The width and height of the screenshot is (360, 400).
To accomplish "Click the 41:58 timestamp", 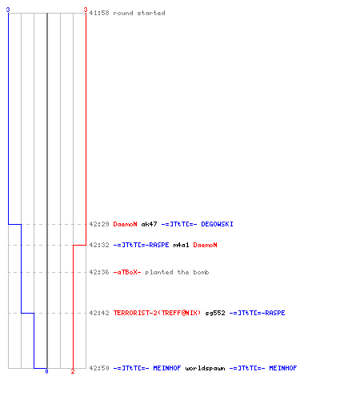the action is click(x=99, y=13).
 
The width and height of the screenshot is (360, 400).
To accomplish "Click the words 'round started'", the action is click(x=139, y=13).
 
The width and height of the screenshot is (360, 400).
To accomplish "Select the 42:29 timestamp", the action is click(x=99, y=224).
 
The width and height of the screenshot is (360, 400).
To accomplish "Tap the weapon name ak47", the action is click(x=149, y=224).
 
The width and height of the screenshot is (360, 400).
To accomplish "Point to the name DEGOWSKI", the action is click(x=217, y=224).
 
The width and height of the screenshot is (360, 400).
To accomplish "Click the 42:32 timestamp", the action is click(x=99, y=245).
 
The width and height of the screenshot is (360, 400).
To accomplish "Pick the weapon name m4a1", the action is click(x=181, y=245).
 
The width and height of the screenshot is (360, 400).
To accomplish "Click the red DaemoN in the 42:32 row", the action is click(x=205, y=245).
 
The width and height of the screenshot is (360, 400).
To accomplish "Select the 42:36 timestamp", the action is click(x=99, y=272).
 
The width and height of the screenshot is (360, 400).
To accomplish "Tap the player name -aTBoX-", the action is click(x=127, y=272).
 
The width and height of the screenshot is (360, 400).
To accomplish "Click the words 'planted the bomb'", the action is click(x=177, y=272).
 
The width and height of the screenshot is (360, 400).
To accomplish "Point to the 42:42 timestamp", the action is click(x=99, y=313).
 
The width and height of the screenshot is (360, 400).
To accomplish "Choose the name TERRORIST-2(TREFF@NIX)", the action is click(x=157, y=313).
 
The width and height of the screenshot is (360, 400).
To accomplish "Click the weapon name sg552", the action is click(x=215, y=313).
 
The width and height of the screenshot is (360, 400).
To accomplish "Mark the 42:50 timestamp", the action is click(x=99, y=368).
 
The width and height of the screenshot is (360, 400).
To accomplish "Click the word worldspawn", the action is click(x=205, y=368).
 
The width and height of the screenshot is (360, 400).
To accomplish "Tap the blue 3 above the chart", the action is click(x=8, y=10).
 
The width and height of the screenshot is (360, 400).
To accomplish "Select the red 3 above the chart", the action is click(x=86, y=10).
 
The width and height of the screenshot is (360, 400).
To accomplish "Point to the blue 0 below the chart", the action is click(x=46, y=371).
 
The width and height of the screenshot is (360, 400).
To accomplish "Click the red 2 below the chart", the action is click(x=73, y=371).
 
